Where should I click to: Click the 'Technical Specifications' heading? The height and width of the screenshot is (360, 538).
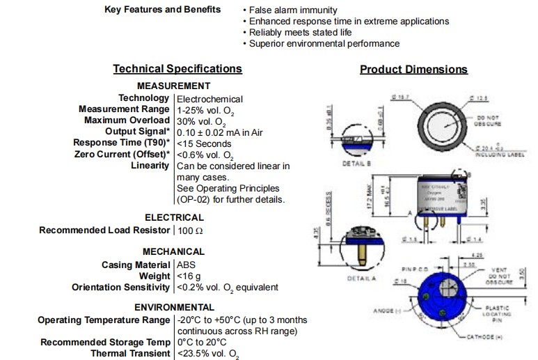(177, 68)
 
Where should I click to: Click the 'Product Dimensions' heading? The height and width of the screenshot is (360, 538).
(413, 69)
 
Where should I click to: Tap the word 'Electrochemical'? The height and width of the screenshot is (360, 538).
(209, 99)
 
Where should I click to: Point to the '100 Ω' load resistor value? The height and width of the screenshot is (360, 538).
(190, 230)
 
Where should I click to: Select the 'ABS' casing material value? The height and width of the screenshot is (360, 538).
(186, 265)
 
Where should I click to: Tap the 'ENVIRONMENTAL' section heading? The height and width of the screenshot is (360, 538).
(174, 307)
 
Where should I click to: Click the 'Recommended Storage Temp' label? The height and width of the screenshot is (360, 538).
(104, 342)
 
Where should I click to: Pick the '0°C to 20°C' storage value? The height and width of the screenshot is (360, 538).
(202, 342)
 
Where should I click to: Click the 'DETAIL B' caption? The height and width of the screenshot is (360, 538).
(358, 164)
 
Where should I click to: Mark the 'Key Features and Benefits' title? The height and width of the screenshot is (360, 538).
(162, 10)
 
